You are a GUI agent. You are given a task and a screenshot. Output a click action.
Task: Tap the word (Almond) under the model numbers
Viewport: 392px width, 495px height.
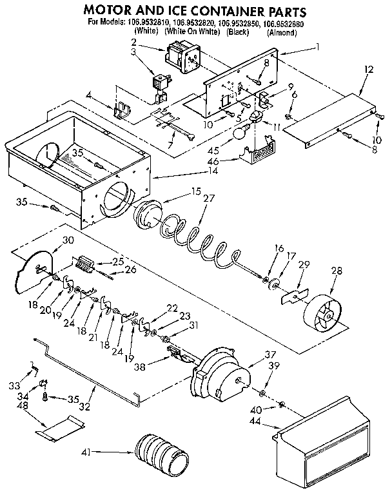click(280, 31)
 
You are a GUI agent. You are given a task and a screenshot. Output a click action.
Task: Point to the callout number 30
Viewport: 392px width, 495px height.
click(67, 240)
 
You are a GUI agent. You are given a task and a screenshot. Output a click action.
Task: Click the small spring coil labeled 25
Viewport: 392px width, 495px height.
click(85, 264)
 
